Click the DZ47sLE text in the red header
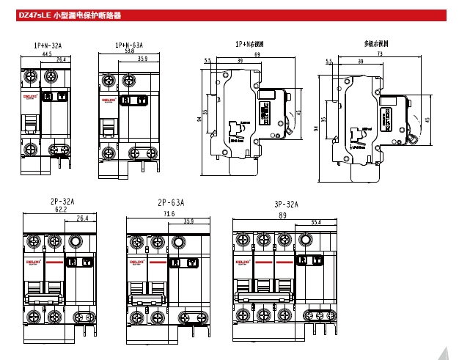(34, 15)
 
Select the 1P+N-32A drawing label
(47, 45)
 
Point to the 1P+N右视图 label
(250, 45)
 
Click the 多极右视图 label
(375, 44)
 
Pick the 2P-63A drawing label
(170, 202)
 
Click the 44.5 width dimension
(47, 54)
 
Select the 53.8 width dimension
(129, 52)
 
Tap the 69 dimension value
(257, 55)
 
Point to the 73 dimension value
(379, 54)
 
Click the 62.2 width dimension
(60, 210)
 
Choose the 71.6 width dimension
(169, 214)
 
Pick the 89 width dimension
(283, 216)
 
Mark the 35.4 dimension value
(316, 221)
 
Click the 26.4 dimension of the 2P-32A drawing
(82, 218)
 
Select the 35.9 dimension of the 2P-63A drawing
(188, 221)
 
